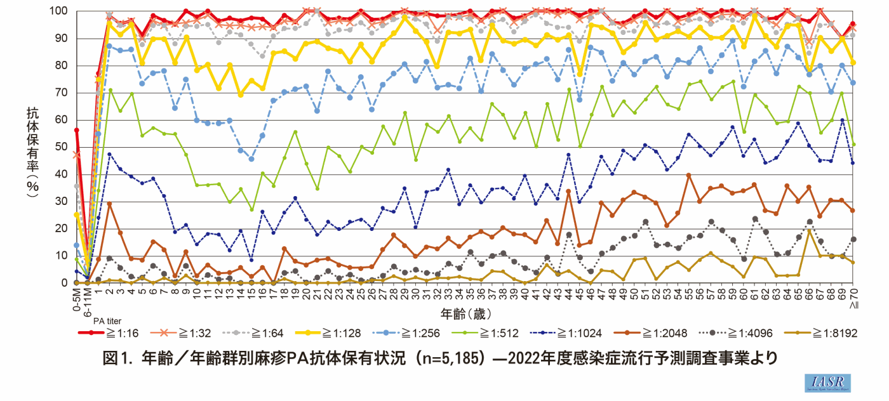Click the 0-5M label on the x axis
pyautogui.click(x=77, y=298)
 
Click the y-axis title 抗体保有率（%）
pyautogui.click(x=31, y=152)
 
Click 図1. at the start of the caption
pyautogui.click(x=116, y=358)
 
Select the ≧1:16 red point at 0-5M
pyautogui.click(x=77, y=130)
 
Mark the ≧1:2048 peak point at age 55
pyautogui.click(x=688, y=175)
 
